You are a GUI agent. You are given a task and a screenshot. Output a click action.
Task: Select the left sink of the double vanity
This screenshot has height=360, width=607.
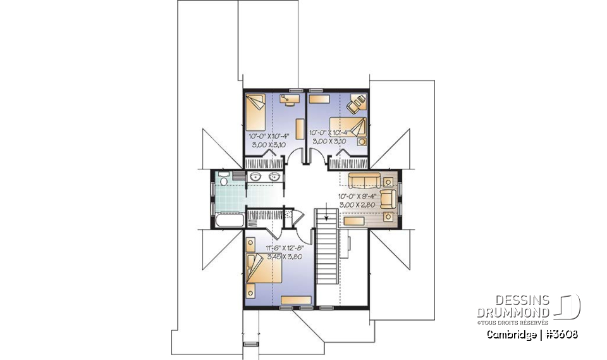pyautogui.click(x=255, y=177)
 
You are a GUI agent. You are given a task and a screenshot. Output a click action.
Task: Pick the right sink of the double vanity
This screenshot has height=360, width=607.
pyautogui.click(x=274, y=177)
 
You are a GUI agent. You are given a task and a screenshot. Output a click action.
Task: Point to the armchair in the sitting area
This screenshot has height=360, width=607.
pyautogui.click(x=388, y=197)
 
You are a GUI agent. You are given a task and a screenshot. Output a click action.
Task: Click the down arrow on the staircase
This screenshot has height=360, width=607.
pyautogui.click(x=327, y=214)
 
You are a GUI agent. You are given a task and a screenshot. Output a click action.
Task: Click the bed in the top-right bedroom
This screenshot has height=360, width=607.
pyautogui.click(x=352, y=128)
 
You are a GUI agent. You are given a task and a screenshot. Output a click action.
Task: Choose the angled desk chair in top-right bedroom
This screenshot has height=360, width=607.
pyautogui.click(x=358, y=101)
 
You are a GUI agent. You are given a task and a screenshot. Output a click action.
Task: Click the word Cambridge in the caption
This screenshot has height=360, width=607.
pyautogui.click(x=510, y=334)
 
